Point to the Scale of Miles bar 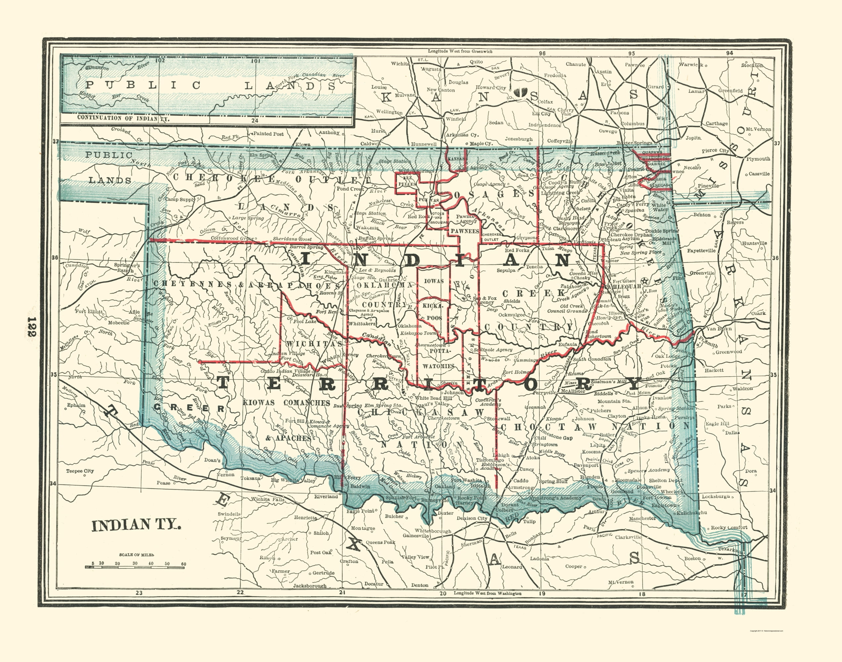135,567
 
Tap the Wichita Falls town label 268,499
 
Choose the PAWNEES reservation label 465,231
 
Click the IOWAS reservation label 433,281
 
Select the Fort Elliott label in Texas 89,311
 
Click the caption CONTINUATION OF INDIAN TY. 123,118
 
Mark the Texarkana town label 731,549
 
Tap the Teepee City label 80,471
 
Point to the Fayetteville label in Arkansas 701,251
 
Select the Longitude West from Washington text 488,593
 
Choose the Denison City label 472,518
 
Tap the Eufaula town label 568,344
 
